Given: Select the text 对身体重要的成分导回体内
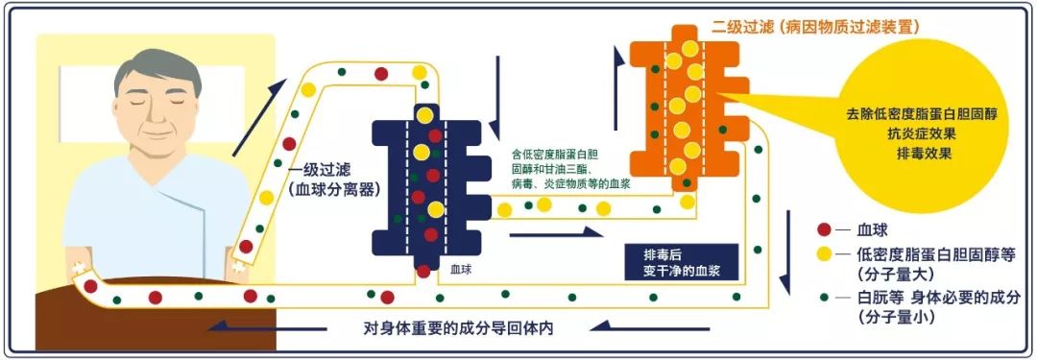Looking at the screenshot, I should tap(459, 326).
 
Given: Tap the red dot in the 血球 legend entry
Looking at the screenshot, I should tap(823, 231).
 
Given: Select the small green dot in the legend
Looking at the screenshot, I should tap(823, 297).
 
